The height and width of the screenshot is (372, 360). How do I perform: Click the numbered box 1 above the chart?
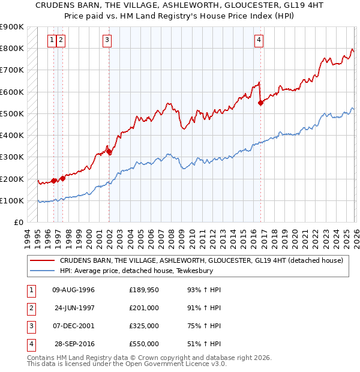click(x=53, y=40)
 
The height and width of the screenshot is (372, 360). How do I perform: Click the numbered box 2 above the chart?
click(x=62, y=40)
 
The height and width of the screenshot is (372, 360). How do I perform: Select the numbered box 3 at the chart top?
click(x=107, y=40)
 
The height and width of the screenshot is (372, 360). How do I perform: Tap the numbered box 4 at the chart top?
click(x=259, y=40)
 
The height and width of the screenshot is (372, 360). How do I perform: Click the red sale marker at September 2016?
click(x=260, y=103)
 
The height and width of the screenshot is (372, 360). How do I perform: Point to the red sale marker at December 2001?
click(x=109, y=152)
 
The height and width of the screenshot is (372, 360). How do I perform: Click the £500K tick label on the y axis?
click(x=12, y=113)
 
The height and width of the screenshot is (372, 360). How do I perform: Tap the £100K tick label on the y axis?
click(x=12, y=200)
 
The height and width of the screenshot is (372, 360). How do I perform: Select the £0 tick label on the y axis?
click(x=18, y=222)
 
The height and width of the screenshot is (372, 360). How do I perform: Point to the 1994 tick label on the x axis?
click(x=28, y=238)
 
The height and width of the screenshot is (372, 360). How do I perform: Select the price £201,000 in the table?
click(x=143, y=308)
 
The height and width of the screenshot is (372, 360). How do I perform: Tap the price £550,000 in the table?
click(x=143, y=344)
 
